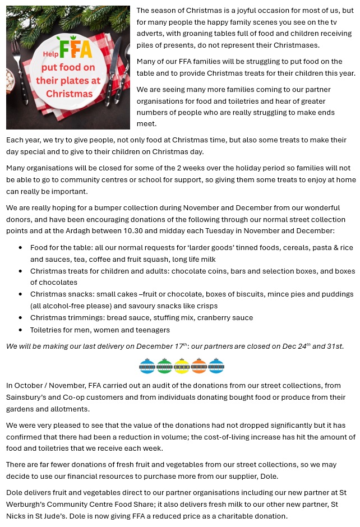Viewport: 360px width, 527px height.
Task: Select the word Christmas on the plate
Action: point(70,93)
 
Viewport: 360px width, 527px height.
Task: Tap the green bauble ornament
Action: point(164,366)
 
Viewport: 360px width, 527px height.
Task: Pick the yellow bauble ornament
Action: point(182,366)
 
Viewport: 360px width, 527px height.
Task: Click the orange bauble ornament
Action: point(199,366)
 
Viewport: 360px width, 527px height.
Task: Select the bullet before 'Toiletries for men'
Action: point(21,330)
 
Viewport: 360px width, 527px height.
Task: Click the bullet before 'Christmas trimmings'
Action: point(21,318)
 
